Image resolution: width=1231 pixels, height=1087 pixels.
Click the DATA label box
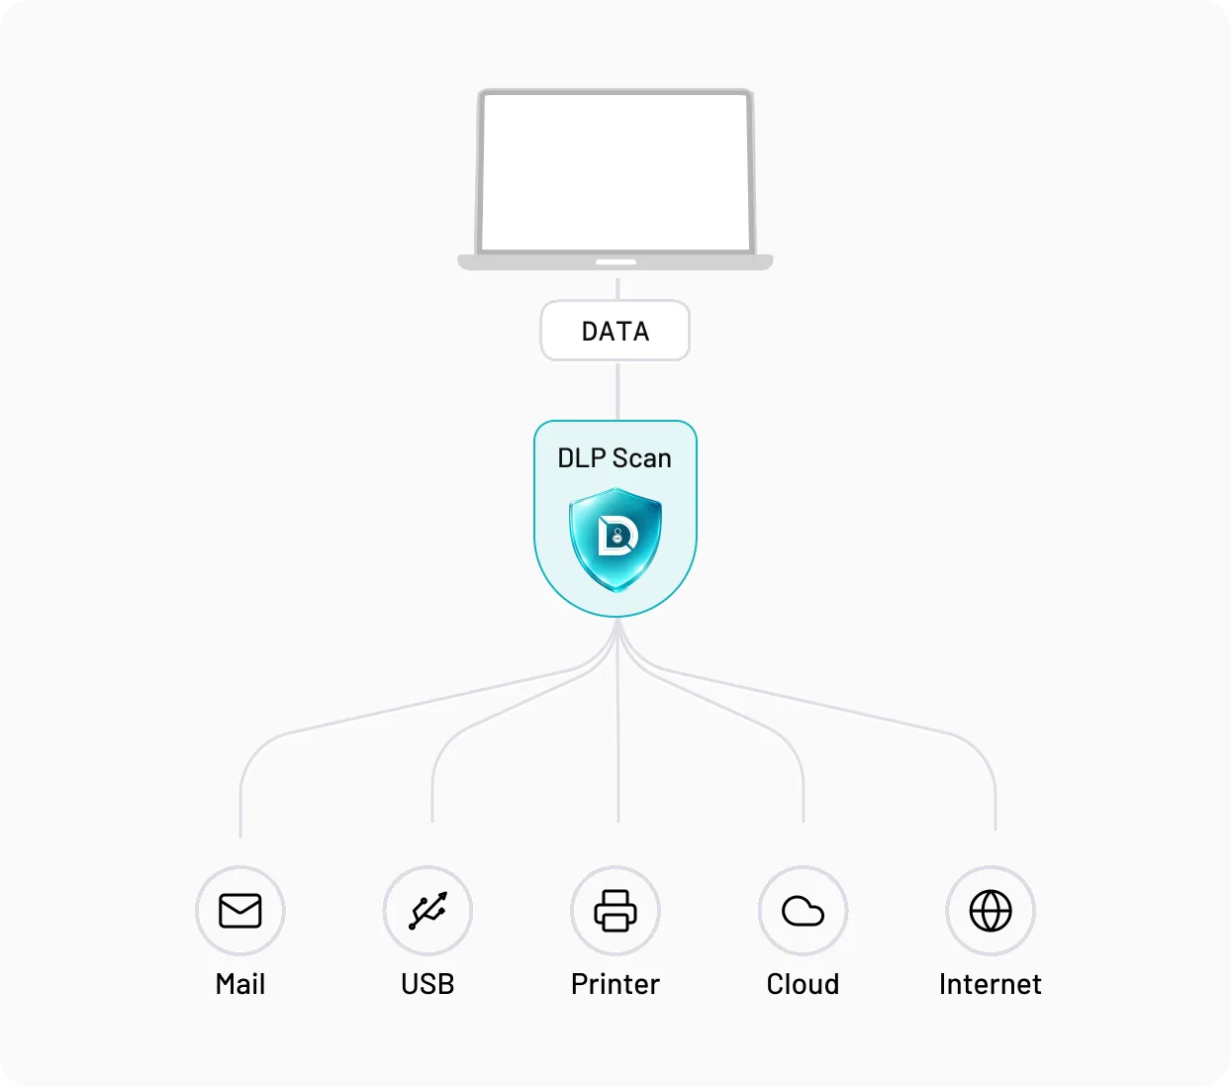tap(615, 330)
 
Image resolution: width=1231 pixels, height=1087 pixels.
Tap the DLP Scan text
tap(615, 458)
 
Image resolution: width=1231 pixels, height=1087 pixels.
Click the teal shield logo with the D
tap(615, 540)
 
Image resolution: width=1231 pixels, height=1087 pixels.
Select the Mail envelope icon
tap(240, 910)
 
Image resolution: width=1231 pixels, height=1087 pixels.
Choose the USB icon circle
tap(427, 910)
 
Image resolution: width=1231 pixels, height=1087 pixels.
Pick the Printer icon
tap(615, 910)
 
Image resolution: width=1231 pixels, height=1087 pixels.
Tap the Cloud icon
tap(803, 911)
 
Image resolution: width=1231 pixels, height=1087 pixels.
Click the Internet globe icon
tap(991, 911)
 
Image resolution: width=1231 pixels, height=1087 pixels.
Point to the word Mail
tap(240, 984)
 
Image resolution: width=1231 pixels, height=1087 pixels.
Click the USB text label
tap(427, 984)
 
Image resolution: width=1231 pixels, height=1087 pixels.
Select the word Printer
tap(615, 984)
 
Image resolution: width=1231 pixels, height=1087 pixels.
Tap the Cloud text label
tap(803, 984)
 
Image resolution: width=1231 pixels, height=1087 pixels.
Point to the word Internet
tap(991, 984)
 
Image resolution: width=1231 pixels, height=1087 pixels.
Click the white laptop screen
tap(615, 171)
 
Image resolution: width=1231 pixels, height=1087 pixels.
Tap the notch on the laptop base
tap(615, 262)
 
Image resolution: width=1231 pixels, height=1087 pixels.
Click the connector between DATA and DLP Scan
tap(617, 390)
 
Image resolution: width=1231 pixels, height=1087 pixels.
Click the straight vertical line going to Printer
tap(617, 721)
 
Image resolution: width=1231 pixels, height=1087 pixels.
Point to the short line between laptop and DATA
tap(617, 289)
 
